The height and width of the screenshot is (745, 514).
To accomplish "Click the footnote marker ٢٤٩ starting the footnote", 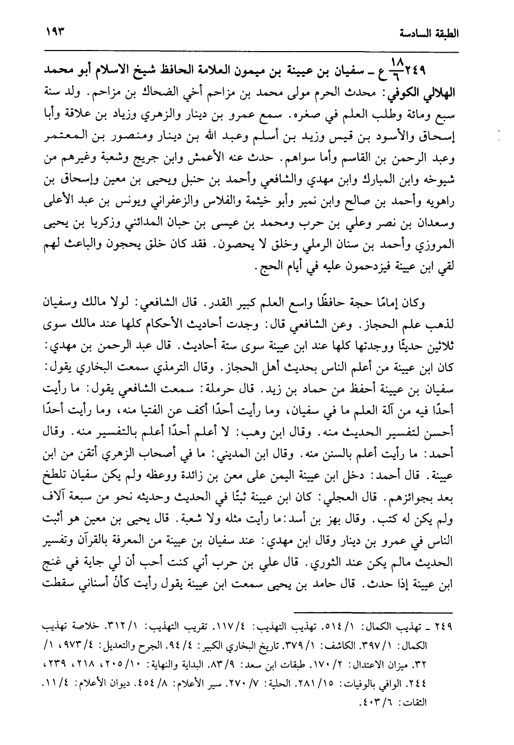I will (442, 627).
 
